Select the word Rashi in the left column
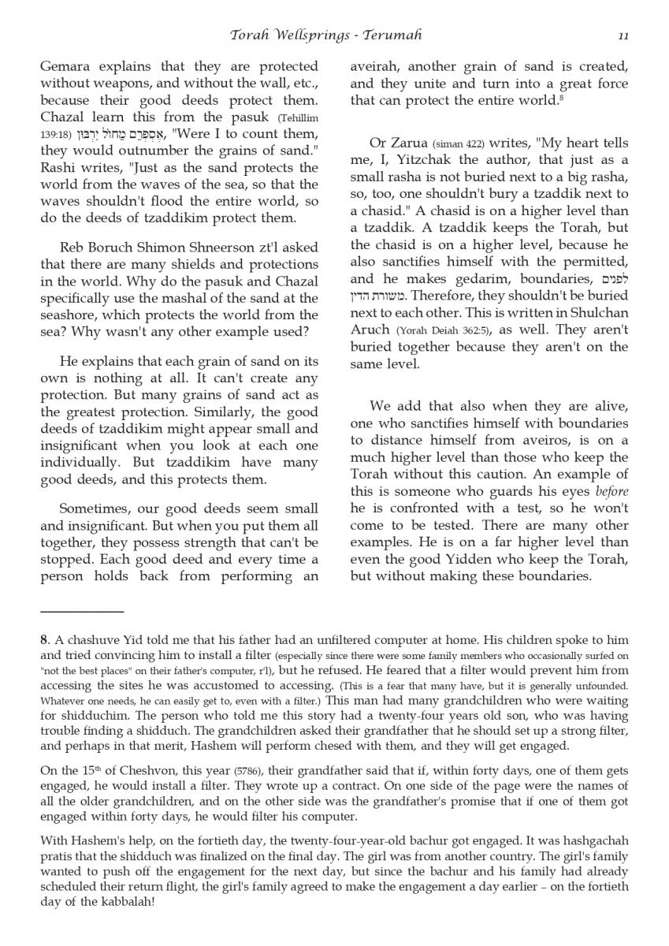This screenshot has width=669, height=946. coord(59,168)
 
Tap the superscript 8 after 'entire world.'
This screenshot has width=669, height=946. coord(559,99)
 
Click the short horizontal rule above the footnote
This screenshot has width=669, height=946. coord(82,611)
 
